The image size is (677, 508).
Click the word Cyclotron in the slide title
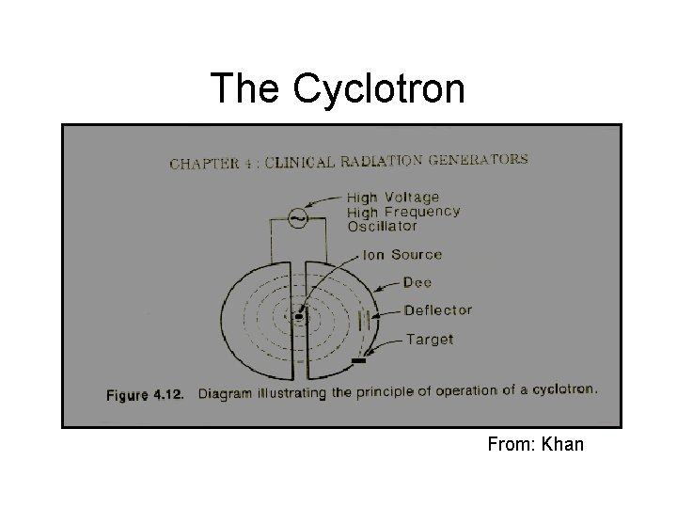(379, 89)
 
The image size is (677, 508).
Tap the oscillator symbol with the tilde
(297, 217)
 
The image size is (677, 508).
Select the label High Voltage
(392, 198)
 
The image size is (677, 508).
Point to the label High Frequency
(402, 212)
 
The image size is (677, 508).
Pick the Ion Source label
(403, 255)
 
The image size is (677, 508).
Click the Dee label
(417, 282)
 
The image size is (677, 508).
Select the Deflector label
(437, 310)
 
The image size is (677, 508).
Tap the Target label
(428, 339)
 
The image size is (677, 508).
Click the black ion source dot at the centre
(300, 317)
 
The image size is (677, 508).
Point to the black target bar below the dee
(358, 359)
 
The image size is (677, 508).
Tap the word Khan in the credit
(562, 443)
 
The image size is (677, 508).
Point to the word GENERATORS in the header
(477, 159)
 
